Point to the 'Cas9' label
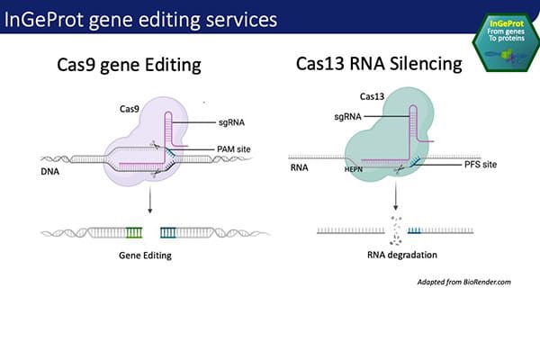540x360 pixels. pos(130,108)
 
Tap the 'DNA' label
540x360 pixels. pos(51,168)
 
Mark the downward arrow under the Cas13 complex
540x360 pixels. pos(397,199)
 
